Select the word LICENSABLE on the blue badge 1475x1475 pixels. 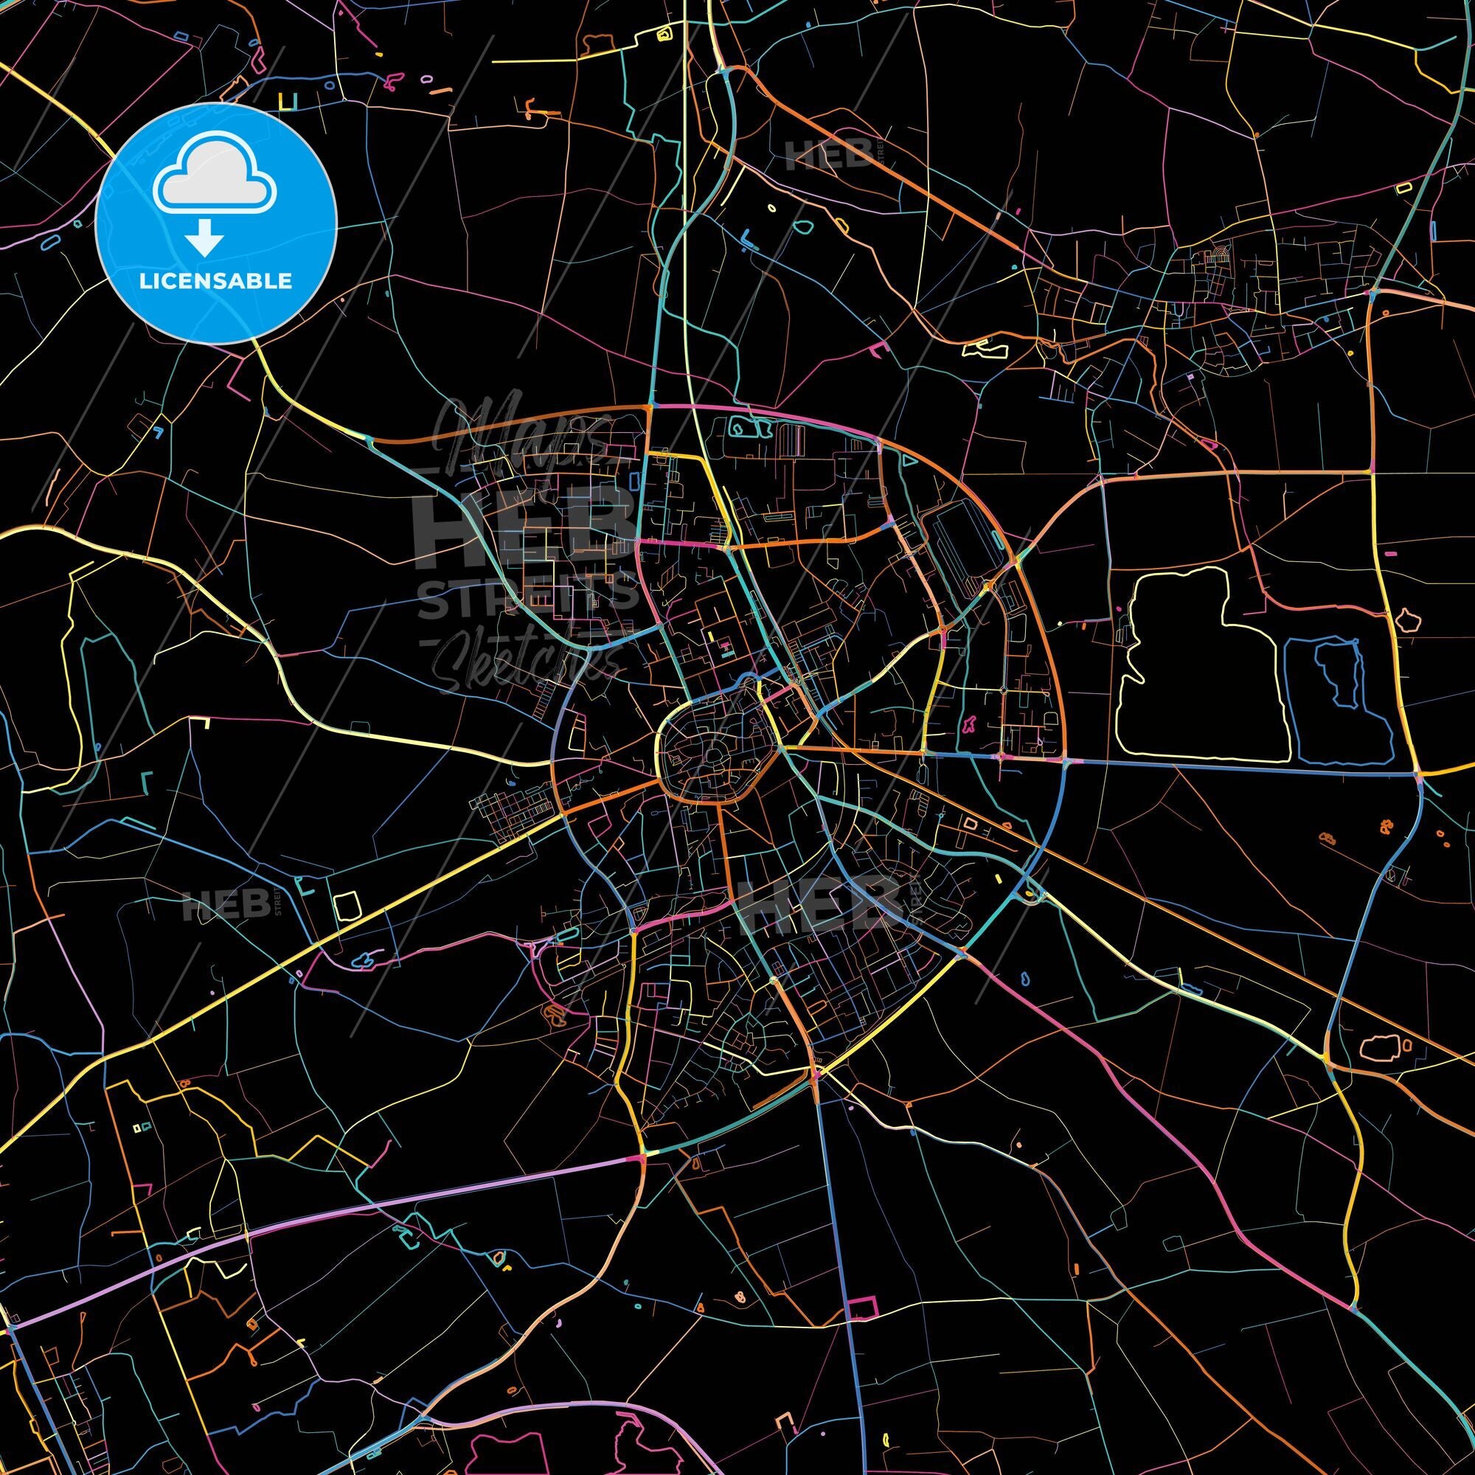pyautogui.click(x=215, y=281)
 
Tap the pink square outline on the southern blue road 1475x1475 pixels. pyautogui.click(x=861, y=1307)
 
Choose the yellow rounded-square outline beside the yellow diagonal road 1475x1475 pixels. pyautogui.click(x=347, y=906)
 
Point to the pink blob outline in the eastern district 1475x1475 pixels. pyautogui.click(x=972, y=722)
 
